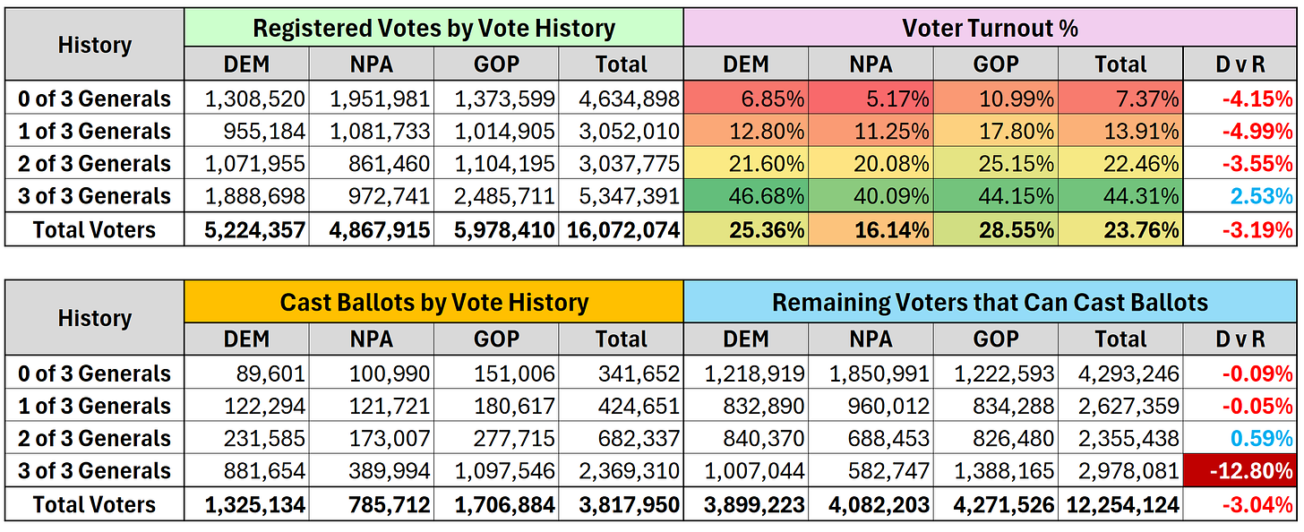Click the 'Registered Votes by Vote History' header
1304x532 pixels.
click(x=433, y=28)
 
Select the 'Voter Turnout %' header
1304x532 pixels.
click(x=990, y=28)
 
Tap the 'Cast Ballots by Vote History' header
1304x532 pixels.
click(x=433, y=302)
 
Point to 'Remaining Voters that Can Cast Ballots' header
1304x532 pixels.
click(x=990, y=302)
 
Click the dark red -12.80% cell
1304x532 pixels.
click(x=1240, y=471)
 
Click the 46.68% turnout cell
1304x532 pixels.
click(x=746, y=196)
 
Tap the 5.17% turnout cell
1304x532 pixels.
click(x=871, y=99)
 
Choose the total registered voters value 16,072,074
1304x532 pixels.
click(x=622, y=230)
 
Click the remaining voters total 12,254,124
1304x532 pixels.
click(x=1122, y=504)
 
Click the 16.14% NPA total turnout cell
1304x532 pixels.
click(x=871, y=230)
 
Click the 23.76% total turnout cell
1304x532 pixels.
click(x=1120, y=230)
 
